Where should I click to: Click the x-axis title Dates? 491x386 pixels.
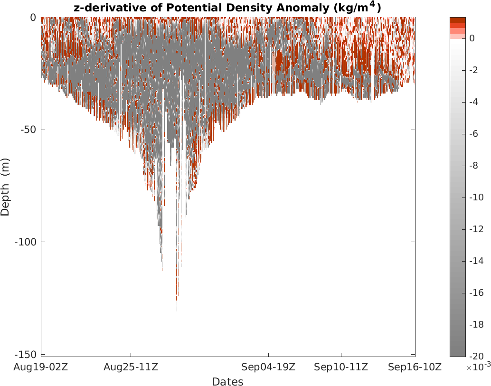[227, 382]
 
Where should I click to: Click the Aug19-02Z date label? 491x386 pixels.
[41, 367]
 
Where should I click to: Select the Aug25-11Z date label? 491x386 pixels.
[131, 367]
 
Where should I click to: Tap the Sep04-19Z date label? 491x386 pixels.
[269, 367]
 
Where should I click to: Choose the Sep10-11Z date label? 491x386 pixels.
[341, 367]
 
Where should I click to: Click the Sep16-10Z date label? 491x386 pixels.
[415, 367]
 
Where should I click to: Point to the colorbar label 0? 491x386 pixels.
[472, 38]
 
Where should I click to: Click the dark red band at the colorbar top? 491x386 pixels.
[458, 20]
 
